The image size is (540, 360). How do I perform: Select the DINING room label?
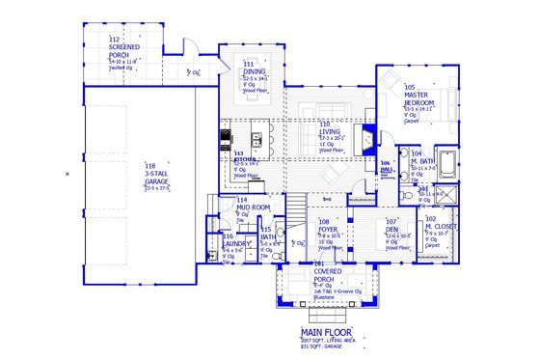[x=255, y=71]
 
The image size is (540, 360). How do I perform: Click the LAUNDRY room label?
[x=236, y=243]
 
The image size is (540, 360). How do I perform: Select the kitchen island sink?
[x=257, y=141]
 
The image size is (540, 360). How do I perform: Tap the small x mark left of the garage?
[x=67, y=173]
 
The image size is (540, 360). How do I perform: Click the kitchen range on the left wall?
[x=225, y=136]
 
